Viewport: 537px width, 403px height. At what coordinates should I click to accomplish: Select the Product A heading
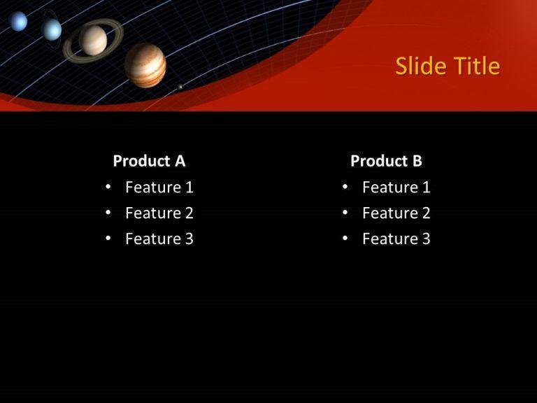pyautogui.click(x=149, y=161)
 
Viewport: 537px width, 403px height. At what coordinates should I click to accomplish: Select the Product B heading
pyautogui.click(x=386, y=161)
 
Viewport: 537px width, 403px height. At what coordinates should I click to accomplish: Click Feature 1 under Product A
pyautogui.click(x=159, y=188)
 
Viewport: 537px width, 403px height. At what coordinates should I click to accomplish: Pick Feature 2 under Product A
pyautogui.click(x=159, y=213)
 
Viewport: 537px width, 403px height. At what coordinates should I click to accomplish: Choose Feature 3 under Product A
pyautogui.click(x=159, y=239)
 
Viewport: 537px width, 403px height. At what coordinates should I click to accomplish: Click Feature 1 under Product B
pyautogui.click(x=396, y=188)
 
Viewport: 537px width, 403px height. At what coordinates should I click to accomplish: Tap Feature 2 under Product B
pyautogui.click(x=396, y=213)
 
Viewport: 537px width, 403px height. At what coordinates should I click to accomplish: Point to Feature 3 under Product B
pyautogui.click(x=396, y=239)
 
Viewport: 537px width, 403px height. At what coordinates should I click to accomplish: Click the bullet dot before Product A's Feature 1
pyautogui.click(x=108, y=187)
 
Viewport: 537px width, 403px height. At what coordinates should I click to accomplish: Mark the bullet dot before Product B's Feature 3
pyautogui.click(x=345, y=239)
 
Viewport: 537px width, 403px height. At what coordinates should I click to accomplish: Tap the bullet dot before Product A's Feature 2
pyautogui.click(x=108, y=213)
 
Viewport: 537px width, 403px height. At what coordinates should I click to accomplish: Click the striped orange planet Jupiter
pyautogui.click(x=145, y=65)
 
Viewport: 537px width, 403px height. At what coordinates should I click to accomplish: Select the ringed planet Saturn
pyautogui.click(x=93, y=40)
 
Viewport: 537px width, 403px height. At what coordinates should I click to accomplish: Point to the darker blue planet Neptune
pyautogui.click(x=19, y=22)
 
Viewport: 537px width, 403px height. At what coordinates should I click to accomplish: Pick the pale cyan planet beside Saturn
pyautogui.click(x=52, y=29)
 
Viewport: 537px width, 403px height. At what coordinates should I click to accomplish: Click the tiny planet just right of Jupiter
pyautogui.click(x=180, y=87)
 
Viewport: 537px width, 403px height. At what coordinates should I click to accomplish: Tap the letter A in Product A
pyautogui.click(x=180, y=161)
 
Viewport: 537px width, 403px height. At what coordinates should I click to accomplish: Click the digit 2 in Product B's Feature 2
pyautogui.click(x=426, y=213)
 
